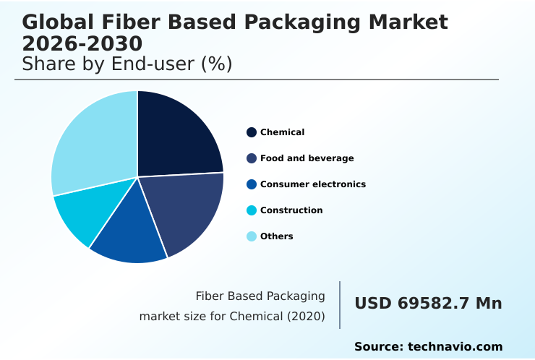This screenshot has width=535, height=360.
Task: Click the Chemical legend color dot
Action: (252, 132)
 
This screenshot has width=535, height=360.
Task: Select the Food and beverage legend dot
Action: (252, 158)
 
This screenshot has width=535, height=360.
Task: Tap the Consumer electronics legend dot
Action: (252, 184)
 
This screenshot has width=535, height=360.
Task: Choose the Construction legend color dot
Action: (252, 210)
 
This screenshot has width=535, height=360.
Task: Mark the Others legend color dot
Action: (252, 236)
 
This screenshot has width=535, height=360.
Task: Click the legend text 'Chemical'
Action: (282, 132)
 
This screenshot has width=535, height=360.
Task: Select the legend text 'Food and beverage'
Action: (307, 158)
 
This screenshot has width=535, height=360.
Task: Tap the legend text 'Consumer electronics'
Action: (312, 184)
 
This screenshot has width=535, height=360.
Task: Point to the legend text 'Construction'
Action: (291, 210)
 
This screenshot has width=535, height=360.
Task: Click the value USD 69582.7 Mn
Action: (428, 304)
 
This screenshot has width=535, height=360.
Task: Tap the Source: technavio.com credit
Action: (428, 347)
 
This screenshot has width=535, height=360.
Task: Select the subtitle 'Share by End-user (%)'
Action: (127, 64)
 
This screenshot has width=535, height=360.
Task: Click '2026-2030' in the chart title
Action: (82, 43)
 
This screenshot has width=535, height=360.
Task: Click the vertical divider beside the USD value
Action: (340, 305)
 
